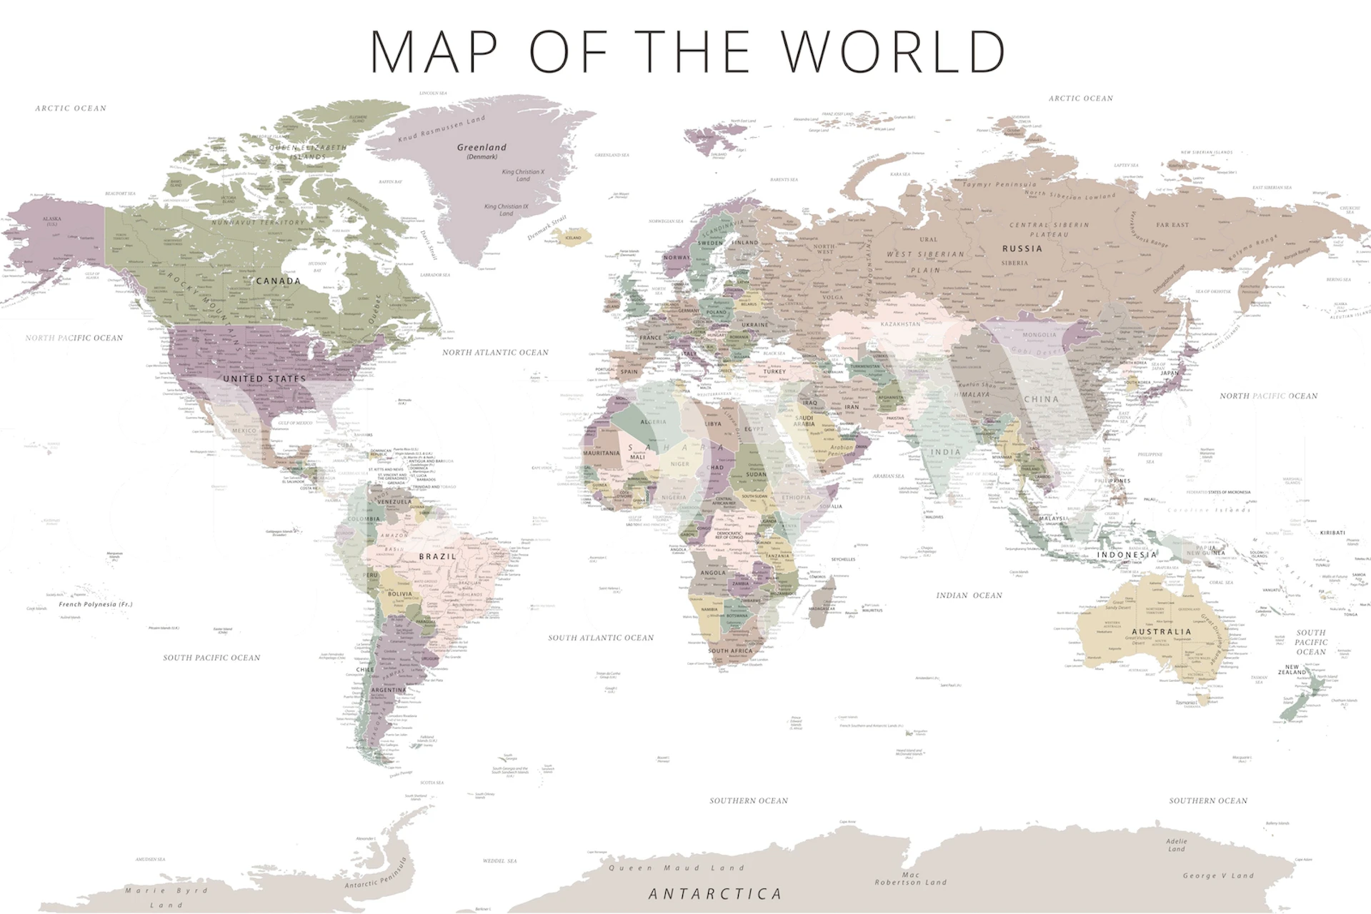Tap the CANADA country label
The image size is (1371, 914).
(x=278, y=281)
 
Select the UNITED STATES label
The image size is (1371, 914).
(x=264, y=378)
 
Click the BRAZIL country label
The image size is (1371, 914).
(x=437, y=556)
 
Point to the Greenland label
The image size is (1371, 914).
(x=482, y=148)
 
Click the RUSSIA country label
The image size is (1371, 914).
(x=1022, y=248)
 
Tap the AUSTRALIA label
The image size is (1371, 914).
(x=1162, y=631)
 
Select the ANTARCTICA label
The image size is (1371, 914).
(x=715, y=894)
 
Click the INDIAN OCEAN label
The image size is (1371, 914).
(x=969, y=595)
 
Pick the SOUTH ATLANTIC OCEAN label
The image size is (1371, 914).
(x=601, y=638)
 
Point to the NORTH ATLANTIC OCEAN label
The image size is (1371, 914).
(x=495, y=352)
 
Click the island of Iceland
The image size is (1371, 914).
(x=572, y=238)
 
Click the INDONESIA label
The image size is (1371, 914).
(x=1127, y=555)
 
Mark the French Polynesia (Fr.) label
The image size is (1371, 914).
(x=96, y=604)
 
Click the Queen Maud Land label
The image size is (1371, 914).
(x=676, y=868)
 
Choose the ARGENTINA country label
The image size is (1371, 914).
(x=389, y=690)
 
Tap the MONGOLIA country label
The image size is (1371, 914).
(x=1039, y=335)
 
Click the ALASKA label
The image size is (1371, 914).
(x=51, y=219)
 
